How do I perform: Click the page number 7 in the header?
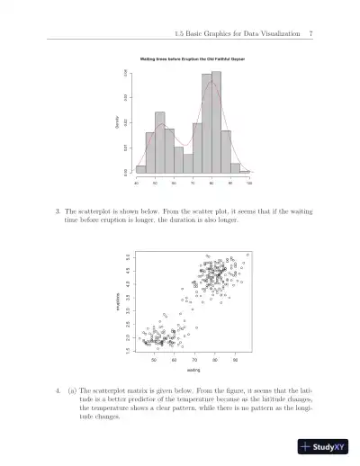pyautogui.click(x=310, y=34)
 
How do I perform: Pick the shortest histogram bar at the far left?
pyautogui.click(x=140, y=168)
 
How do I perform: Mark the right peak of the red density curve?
pyautogui.click(x=212, y=84)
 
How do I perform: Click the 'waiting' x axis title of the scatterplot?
pyautogui.click(x=193, y=369)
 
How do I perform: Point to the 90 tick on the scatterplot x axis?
pyautogui.click(x=235, y=358)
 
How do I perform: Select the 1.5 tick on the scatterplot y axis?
pyautogui.click(x=129, y=349)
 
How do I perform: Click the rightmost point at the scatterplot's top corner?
pyautogui.click(x=247, y=255)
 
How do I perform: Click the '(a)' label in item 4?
pyautogui.click(x=71, y=392)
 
